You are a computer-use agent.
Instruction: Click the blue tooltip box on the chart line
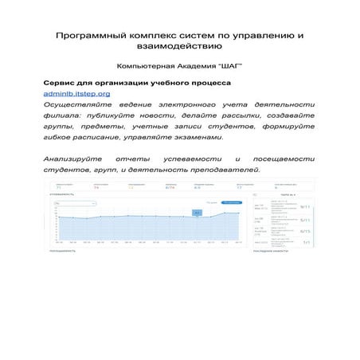198,212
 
